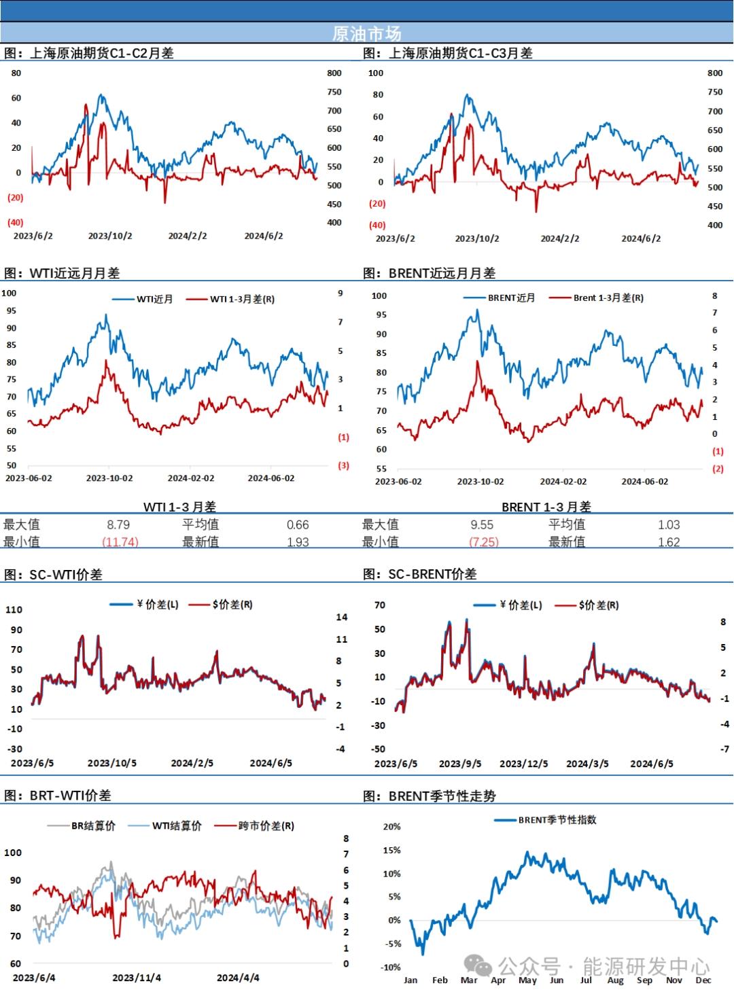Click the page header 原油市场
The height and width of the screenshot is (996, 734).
tap(366, 33)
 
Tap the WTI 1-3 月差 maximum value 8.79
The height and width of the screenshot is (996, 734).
tap(118, 524)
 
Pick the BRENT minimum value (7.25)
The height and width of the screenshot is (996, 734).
tap(483, 542)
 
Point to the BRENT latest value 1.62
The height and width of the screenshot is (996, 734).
tap(669, 542)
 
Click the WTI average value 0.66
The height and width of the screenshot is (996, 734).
tap(298, 524)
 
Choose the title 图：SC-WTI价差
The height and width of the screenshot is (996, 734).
tap(54, 575)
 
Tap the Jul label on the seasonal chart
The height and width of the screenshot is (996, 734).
tap(586, 980)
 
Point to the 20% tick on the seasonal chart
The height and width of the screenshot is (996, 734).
tap(392, 827)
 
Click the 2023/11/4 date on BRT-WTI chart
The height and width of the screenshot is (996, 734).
tap(137, 978)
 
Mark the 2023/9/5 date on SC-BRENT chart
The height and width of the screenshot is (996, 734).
tap(460, 764)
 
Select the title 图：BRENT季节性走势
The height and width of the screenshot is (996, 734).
tap(430, 796)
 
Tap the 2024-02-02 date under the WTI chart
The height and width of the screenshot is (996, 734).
tap(191, 478)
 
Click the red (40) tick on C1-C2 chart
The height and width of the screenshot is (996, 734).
tap(15, 222)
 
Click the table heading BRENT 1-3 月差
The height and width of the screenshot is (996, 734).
tap(546, 507)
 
